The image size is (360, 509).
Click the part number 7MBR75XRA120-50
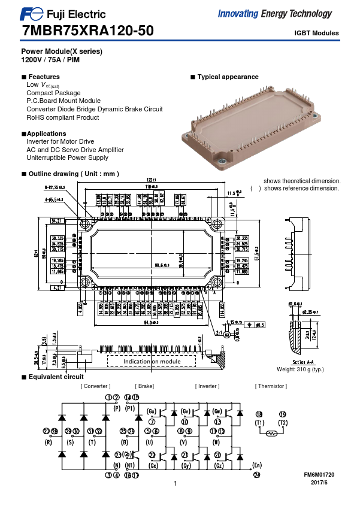click(x=87, y=32)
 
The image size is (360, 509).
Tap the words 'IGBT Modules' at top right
click(x=316, y=34)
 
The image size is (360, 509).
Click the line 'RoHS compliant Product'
click(x=63, y=117)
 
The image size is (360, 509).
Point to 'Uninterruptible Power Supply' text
click(x=67, y=157)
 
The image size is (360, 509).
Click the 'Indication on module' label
click(x=152, y=362)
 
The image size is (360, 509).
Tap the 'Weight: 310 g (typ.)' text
click(x=300, y=369)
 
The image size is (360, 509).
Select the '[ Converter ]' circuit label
click(x=96, y=386)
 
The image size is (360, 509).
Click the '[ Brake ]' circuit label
click(x=145, y=386)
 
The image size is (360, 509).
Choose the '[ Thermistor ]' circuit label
click(x=271, y=386)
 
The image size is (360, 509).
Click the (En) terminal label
click(x=257, y=465)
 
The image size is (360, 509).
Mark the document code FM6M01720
click(x=319, y=474)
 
